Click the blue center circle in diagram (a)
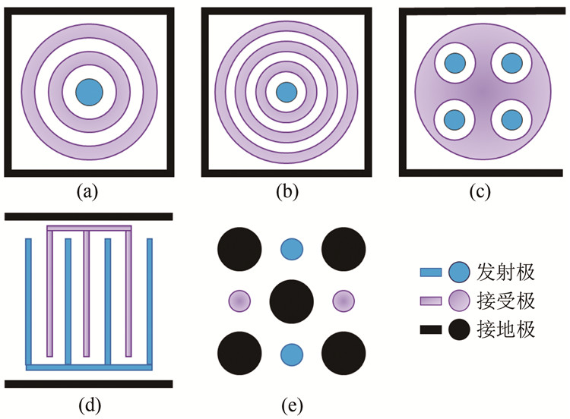90,92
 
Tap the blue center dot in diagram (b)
286,92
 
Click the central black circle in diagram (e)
292,301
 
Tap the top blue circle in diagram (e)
292,248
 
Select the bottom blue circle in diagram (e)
292,354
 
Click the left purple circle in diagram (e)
239,301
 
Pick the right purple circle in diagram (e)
344,301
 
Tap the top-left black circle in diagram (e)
240,248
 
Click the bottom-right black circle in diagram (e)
344,354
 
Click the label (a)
90,192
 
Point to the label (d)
90,402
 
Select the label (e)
292,402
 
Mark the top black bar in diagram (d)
90,216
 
